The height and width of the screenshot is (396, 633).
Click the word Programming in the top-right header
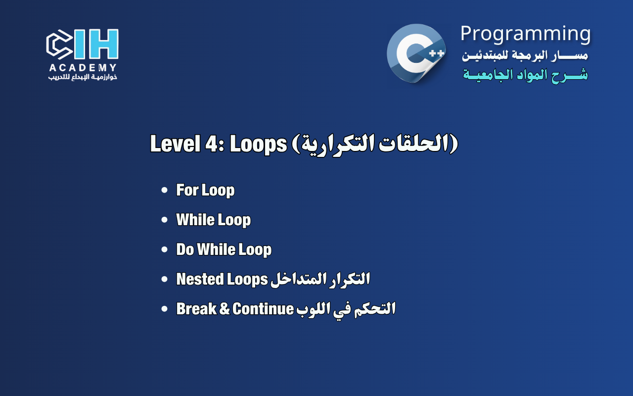click(x=525, y=34)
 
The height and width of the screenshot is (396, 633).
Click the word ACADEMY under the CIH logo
click(x=83, y=68)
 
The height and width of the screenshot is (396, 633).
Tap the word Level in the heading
click(x=174, y=144)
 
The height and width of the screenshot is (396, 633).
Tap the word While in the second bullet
click(x=194, y=220)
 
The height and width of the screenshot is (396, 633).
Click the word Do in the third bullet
click(x=185, y=249)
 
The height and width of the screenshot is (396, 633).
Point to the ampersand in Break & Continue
click(x=225, y=309)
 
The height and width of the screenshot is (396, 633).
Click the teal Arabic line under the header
click(x=525, y=75)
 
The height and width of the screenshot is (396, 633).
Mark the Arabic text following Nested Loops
click(x=320, y=279)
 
